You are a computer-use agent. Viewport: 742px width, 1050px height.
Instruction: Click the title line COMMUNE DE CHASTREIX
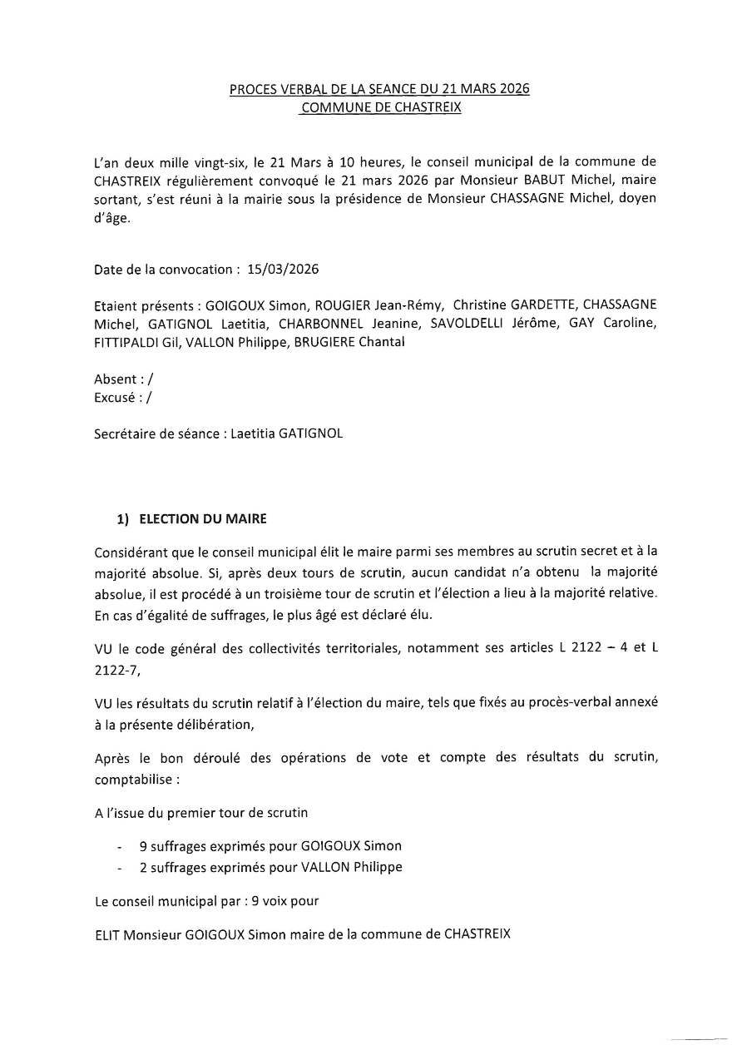click(x=370, y=107)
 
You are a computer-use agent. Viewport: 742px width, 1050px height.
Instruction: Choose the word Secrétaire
click(x=126, y=433)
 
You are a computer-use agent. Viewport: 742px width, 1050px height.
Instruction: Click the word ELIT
click(x=107, y=934)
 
